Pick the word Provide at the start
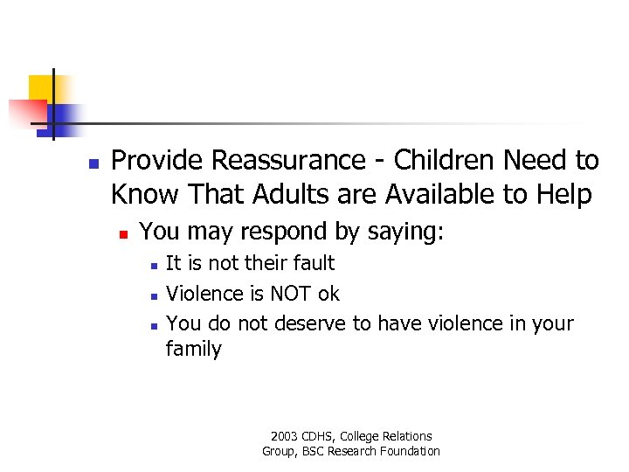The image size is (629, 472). (x=157, y=161)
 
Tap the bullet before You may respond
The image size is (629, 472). (x=124, y=234)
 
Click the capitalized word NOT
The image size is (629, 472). (x=294, y=294)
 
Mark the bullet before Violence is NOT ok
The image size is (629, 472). (x=153, y=295)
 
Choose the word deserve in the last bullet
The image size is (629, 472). (x=310, y=323)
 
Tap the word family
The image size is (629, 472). (x=194, y=350)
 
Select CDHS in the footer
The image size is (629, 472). (x=320, y=436)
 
